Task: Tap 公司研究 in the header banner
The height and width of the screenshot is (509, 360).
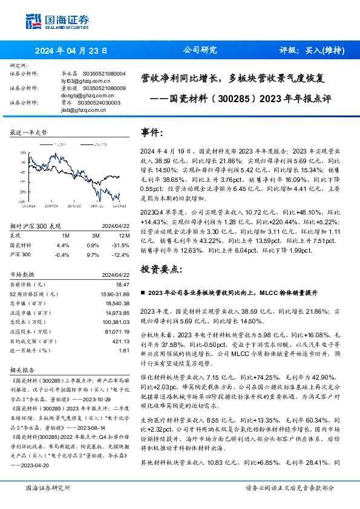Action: coord(200,51)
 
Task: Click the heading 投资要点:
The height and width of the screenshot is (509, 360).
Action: coord(160,268)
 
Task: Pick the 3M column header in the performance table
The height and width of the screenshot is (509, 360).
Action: coord(96,235)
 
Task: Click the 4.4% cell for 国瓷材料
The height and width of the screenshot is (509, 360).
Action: coord(62,245)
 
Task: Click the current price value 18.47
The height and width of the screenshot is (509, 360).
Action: coord(123,284)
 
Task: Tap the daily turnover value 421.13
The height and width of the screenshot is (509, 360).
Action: coord(122,342)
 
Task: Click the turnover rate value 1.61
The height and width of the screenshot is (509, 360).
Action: coord(125,351)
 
